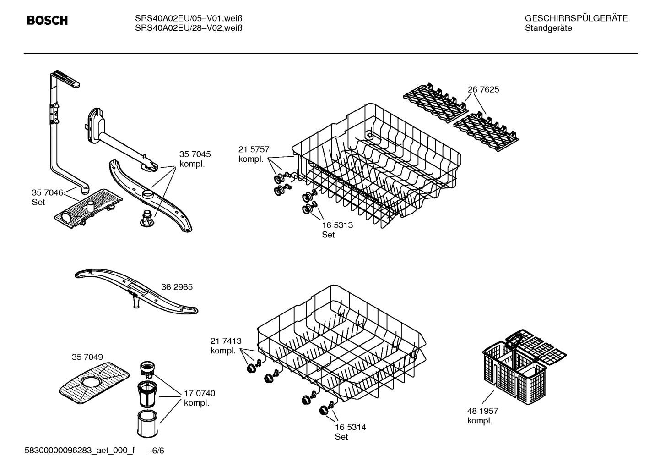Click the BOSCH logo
[47, 21]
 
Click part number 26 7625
[483, 90]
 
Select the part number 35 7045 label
[195, 154]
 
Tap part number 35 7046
[47, 192]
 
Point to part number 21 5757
[254, 149]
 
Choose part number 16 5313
[337, 225]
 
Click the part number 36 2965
[177, 287]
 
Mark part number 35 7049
[87, 357]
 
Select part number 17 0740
[199, 393]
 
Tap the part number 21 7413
[226, 341]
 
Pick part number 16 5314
[350, 427]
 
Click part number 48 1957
[482, 411]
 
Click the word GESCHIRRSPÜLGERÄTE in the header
[576, 18]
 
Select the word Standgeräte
[548, 28]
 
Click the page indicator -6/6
[157, 451]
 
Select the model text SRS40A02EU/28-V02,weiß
[188, 28]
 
